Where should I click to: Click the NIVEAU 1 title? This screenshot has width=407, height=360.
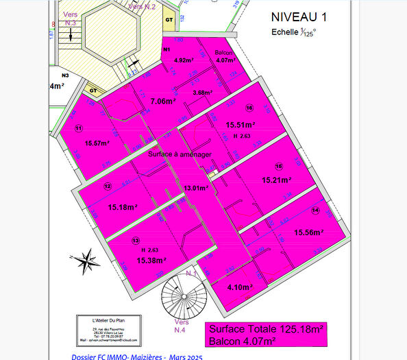click(x=299, y=16)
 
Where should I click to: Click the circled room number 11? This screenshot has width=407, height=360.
click(x=79, y=128)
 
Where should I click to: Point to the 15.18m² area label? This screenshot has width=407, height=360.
click(x=123, y=206)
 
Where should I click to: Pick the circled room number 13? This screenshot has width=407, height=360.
click(x=136, y=241)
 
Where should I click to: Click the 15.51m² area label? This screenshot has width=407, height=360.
click(x=241, y=125)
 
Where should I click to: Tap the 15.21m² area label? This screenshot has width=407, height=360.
click(x=277, y=180)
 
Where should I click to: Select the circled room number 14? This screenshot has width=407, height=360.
click(x=315, y=210)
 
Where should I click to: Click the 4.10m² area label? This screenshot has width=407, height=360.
click(x=240, y=287)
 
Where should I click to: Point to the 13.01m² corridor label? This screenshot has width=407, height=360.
click(x=197, y=188)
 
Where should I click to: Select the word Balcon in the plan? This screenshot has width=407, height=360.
click(x=223, y=53)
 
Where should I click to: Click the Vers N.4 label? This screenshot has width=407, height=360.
click(x=181, y=326)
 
